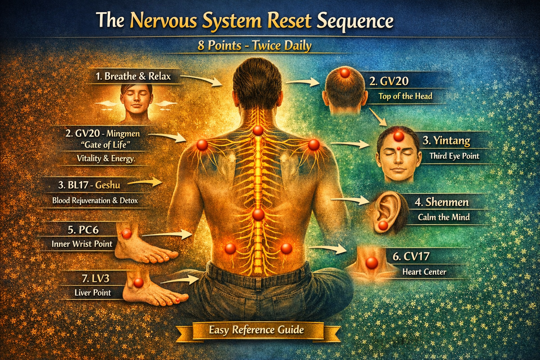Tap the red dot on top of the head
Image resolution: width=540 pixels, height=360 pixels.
(345, 73)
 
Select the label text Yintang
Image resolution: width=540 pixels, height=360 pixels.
(451, 141)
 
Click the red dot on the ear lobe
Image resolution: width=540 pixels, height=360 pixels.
(383, 225)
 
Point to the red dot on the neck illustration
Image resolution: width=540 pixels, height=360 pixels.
(372, 262)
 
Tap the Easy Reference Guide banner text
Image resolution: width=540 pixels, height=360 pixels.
(256, 330)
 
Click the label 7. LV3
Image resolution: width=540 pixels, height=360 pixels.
(96, 278)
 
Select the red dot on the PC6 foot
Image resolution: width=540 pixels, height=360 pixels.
(126, 233)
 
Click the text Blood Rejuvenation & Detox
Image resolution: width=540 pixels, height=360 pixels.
(95, 200)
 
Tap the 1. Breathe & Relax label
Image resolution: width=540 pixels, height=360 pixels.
(133, 76)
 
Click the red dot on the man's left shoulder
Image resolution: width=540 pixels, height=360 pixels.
(202, 145)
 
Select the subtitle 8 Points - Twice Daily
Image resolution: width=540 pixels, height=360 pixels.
(254, 46)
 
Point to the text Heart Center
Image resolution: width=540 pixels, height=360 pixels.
(424, 272)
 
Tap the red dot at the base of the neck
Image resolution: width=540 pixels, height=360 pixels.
(258, 130)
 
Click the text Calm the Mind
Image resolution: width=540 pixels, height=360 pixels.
(444, 217)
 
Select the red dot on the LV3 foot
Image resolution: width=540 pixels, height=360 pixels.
(139, 282)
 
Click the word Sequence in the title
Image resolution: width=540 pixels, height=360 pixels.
(355, 20)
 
